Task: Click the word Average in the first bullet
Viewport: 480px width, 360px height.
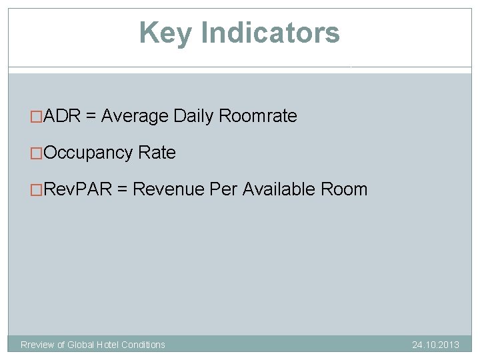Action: coord(135,116)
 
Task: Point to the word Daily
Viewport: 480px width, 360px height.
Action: coord(193,116)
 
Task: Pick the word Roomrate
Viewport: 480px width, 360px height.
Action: coord(258,116)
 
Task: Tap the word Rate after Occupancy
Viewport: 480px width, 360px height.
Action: coord(157,153)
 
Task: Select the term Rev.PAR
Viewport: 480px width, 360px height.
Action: coord(77,189)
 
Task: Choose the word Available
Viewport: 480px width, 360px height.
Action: coord(279,189)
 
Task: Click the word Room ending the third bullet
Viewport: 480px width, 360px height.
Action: coord(344,189)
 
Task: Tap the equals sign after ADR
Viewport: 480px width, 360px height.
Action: coord(91,116)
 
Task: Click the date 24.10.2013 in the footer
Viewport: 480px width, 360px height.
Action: coord(435,345)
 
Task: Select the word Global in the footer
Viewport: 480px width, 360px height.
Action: coord(81,345)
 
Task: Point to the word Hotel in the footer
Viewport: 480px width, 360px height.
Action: coord(109,345)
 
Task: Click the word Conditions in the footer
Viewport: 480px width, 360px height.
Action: coord(143,345)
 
